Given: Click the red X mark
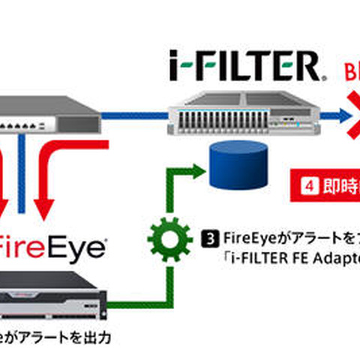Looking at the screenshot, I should pyautogui.click(x=355, y=114).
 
